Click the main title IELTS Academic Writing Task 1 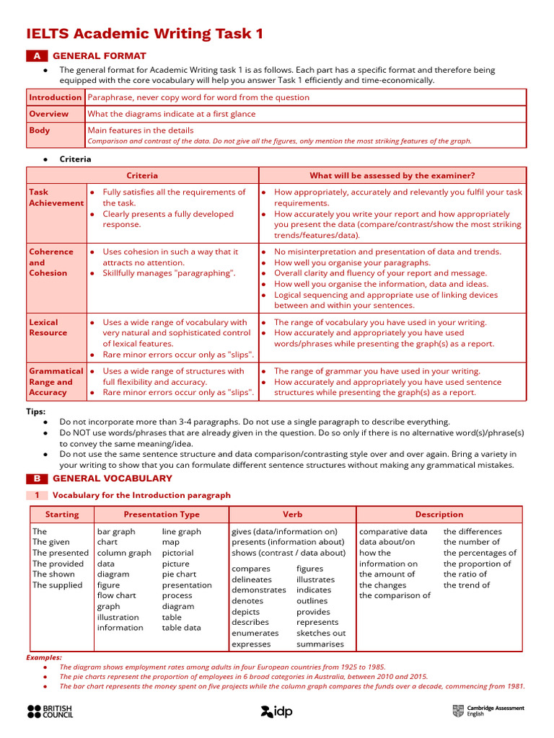point(145,34)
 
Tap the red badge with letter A point(37,55)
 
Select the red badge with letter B point(37,479)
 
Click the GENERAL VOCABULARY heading point(113,479)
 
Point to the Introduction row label point(56,97)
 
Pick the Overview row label point(49,114)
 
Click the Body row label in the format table point(40,130)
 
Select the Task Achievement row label point(56,197)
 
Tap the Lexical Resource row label point(48,327)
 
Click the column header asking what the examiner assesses point(392,175)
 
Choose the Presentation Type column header point(162,515)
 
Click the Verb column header point(292,515)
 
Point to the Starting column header point(62,515)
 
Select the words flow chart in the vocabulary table point(116,596)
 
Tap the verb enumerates point(255,633)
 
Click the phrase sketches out point(321,633)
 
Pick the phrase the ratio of point(465,574)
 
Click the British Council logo point(50,711)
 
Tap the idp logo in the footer point(276,711)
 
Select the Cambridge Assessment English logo point(488,711)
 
